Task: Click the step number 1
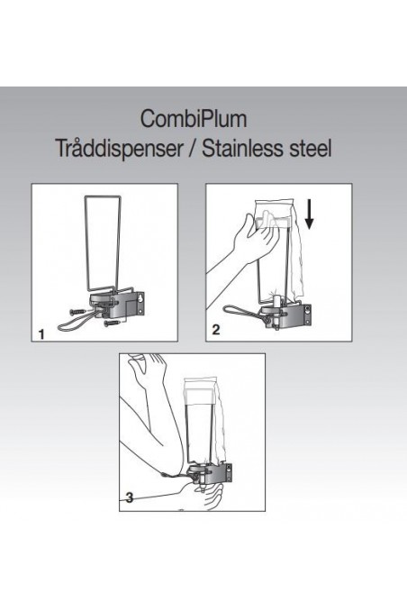click(41, 333)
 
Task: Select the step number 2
click(215, 331)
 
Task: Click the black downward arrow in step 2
click(309, 216)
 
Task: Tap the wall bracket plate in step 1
click(140, 304)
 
